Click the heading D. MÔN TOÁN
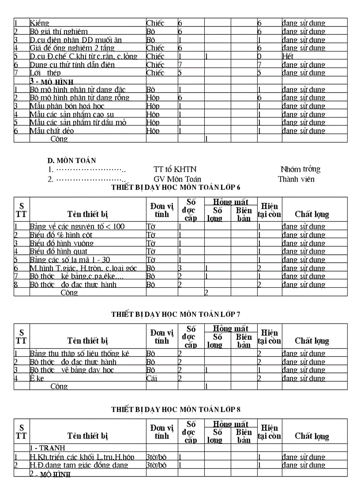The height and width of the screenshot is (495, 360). coord(71,161)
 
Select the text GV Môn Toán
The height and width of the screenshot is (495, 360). coord(177,179)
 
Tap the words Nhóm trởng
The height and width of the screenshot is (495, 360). coord(300,169)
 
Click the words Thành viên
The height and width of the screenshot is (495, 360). coord(296,179)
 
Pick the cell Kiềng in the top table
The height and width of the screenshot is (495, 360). coord(39,23)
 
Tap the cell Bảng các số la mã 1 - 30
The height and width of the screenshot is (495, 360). coord(70,260)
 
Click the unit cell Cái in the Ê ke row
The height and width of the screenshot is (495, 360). coord(152,378)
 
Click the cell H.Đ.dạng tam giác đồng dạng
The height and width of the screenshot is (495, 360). coord(79,465)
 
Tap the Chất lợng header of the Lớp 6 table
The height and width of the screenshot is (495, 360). coord(312,214)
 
